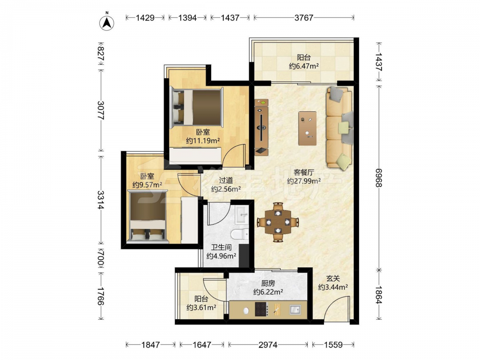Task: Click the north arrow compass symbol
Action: [x=107, y=22]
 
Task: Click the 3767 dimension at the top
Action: [x=304, y=18]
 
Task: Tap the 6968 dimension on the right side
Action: [x=379, y=177]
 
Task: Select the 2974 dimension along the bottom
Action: [x=268, y=345]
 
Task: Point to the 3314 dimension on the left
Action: [x=101, y=200]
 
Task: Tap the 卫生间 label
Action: [x=221, y=247]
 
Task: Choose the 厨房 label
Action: [x=268, y=284]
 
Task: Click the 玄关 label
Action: [x=333, y=278]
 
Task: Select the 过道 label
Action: [x=226, y=180]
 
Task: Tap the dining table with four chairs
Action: [x=277, y=222]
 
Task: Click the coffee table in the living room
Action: [x=307, y=128]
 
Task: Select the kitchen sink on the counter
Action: [x=295, y=310]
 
